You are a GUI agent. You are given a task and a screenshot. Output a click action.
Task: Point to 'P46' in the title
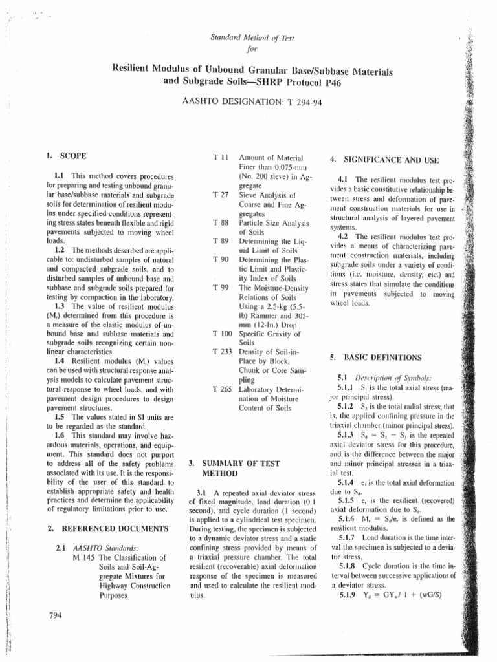331,83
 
